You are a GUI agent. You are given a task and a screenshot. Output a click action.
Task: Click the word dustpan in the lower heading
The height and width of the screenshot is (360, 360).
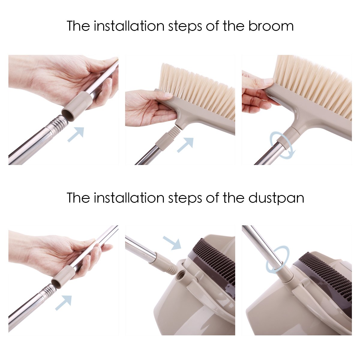[276, 198]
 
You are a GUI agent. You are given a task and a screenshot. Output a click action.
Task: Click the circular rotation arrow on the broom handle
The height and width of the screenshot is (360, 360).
[282, 145]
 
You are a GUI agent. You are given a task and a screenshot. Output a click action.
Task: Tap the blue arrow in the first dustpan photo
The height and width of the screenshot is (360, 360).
[63, 302]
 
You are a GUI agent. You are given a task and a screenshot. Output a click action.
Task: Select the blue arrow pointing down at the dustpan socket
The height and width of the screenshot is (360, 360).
[172, 242]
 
